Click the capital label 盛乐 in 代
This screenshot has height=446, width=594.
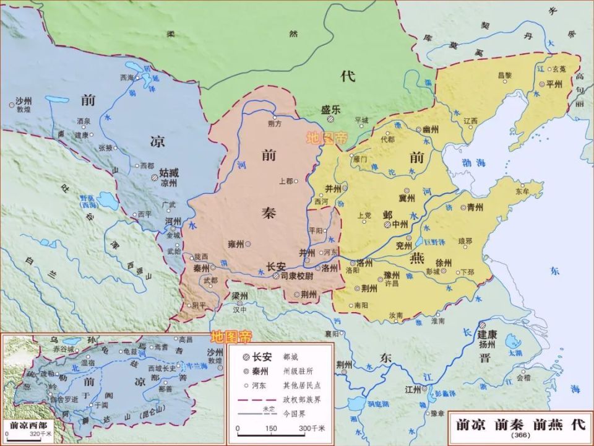(x=331, y=108)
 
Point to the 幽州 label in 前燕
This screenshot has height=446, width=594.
(x=431, y=129)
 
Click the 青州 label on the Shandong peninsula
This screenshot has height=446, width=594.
(x=475, y=208)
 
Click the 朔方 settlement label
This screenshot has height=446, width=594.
(x=274, y=124)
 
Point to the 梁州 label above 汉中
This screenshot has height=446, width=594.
(x=239, y=295)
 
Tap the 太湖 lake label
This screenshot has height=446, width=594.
(x=515, y=352)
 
